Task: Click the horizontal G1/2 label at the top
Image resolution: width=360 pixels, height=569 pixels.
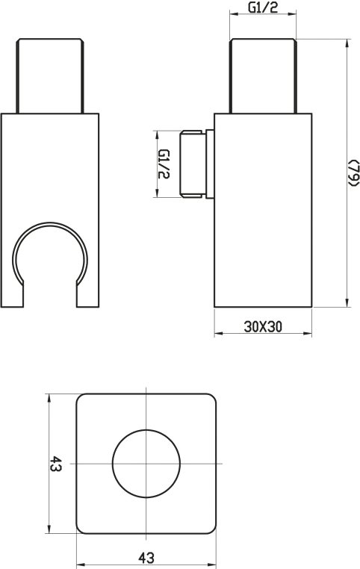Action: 263,7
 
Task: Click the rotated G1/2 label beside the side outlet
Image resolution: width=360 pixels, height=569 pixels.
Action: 164,164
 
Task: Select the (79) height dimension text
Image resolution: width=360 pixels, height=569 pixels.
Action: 353,172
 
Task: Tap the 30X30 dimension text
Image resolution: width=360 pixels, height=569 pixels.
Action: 263,327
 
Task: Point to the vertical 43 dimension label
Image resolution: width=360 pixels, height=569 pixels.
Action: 55,464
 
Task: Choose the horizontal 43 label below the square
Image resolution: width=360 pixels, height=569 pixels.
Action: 146,557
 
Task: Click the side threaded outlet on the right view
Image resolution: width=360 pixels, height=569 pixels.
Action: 193,164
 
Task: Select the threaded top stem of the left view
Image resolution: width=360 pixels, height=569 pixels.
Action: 50,75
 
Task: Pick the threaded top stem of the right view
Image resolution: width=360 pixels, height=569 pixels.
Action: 263,75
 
